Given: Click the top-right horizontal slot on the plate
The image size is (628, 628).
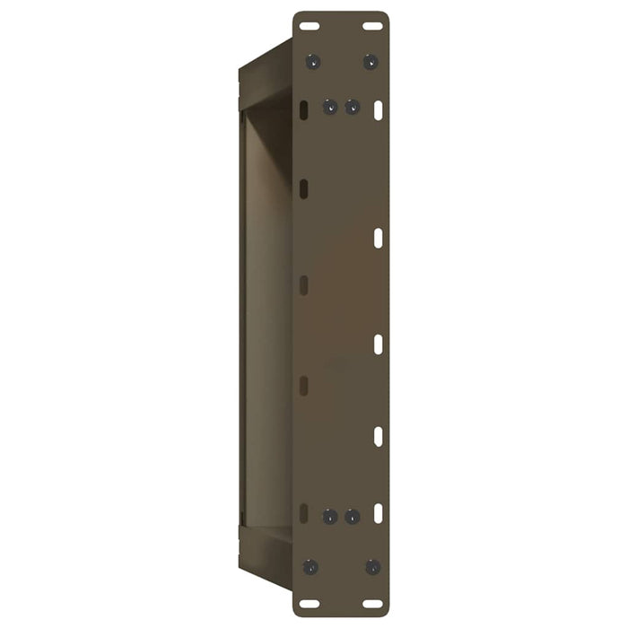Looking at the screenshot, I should tap(372, 26).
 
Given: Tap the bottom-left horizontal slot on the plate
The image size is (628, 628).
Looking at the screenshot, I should tap(310, 603).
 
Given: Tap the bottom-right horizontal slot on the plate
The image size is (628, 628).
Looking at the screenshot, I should tap(372, 603).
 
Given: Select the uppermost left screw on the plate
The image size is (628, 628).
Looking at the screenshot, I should tap(312, 62).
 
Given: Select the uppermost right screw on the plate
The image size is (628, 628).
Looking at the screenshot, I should tap(370, 62).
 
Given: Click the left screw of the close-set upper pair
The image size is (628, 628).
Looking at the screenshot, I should tap(330, 107).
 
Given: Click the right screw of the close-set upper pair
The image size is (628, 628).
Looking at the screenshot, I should tap(353, 107).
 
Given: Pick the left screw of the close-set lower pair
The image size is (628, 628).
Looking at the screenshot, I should tap(330, 517).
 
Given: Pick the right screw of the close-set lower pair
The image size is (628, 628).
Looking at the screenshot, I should tap(353, 517).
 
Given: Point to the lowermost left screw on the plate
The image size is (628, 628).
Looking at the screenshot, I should tap(310, 567).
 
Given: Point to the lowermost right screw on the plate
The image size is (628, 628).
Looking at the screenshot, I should tap(372, 567).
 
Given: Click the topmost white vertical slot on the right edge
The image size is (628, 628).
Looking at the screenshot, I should tap(379, 109).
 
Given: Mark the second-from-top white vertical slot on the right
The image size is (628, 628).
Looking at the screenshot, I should tap(379, 238).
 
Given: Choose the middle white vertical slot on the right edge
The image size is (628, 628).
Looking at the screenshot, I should tap(379, 344).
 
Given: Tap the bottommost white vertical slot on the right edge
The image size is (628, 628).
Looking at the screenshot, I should tap(379, 513).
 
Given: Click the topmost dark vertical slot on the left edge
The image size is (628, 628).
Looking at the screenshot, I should tap(304, 109).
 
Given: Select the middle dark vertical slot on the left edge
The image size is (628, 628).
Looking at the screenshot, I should tap(304, 285).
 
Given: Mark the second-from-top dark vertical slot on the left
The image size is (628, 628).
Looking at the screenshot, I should tap(304, 188).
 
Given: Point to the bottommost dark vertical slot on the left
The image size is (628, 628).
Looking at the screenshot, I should tap(304, 513).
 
